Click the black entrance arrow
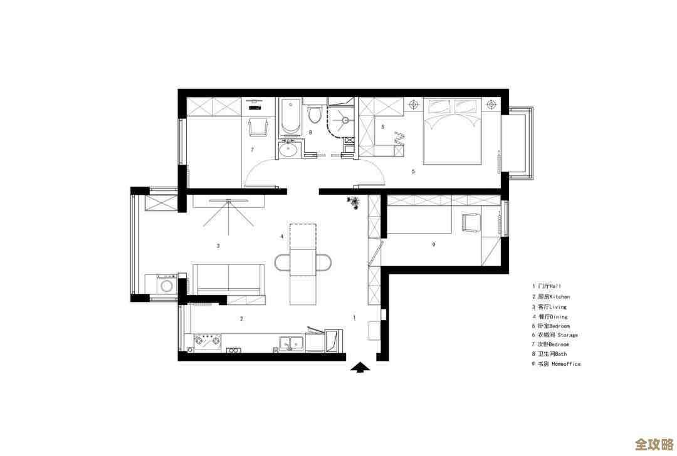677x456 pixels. (x=360, y=367)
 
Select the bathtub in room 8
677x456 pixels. (x=290, y=117)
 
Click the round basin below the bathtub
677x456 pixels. (x=288, y=150)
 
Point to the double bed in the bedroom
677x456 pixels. (x=452, y=132)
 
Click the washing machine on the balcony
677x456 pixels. (x=167, y=285)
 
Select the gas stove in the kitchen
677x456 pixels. (x=207, y=341)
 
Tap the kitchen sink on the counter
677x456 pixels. (x=292, y=343)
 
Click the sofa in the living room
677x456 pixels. (x=228, y=279)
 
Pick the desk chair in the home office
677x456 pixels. (x=471, y=223)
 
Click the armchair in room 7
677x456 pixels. (x=258, y=127)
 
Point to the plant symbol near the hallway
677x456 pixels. (x=354, y=202)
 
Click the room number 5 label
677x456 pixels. (x=413, y=172)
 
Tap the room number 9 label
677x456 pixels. (x=434, y=245)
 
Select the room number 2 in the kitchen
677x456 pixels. (x=241, y=319)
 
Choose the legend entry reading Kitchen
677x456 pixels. (x=551, y=297)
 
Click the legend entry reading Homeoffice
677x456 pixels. (x=556, y=364)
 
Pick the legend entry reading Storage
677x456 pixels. (x=555, y=334)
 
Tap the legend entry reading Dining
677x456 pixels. (x=550, y=317)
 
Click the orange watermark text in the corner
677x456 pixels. (x=654, y=444)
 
